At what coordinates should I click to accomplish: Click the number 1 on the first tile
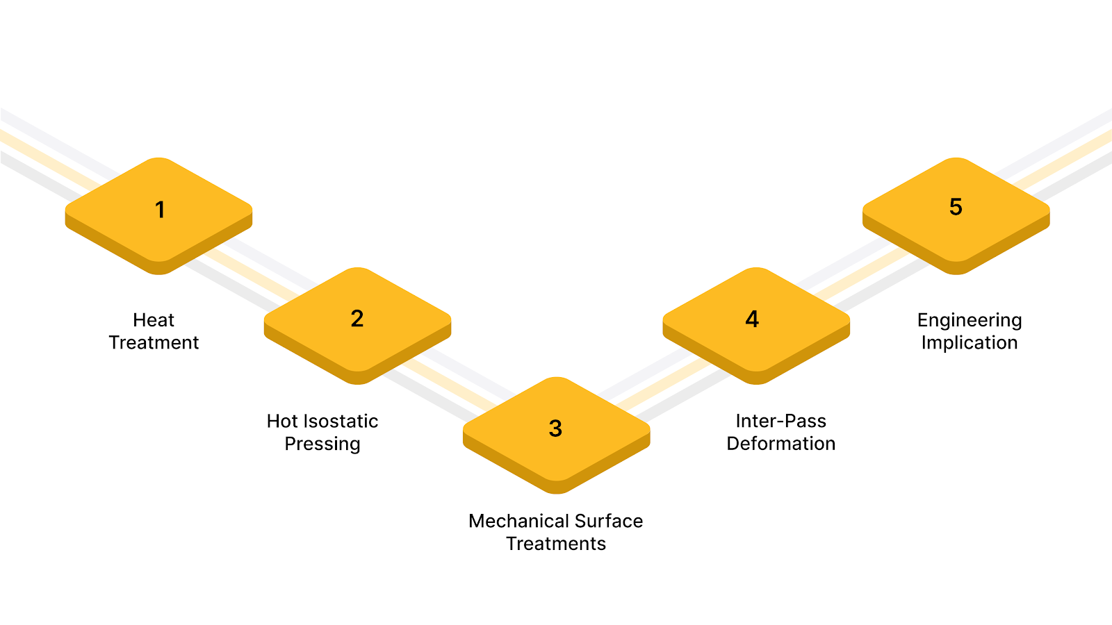pyautogui.click(x=160, y=209)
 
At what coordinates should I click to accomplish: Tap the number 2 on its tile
pyautogui.click(x=357, y=319)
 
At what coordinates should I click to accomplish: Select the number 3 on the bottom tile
pyautogui.click(x=555, y=428)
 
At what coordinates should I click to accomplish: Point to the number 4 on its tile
pyautogui.click(x=752, y=319)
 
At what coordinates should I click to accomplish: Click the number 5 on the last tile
pyautogui.click(x=956, y=207)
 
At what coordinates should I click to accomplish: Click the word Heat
pyautogui.click(x=154, y=320)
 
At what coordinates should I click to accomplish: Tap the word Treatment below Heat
pyautogui.click(x=154, y=342)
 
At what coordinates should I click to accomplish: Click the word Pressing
pyautogui.click(x=322, y=444)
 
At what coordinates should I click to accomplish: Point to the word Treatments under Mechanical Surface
pyautogui.click(x=556, y=544)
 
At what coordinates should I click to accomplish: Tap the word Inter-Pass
pyautogui.click(x=780, y=421)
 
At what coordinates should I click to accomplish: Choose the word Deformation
pyautogui.click(x=780, y=444)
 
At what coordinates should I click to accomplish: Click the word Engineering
pyautogui.click(x=970, y=320)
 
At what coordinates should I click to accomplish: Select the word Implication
pyautogui.click(x=970, y=342)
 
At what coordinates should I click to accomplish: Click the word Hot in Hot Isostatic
pyautogui.click(x=282, y=421)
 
